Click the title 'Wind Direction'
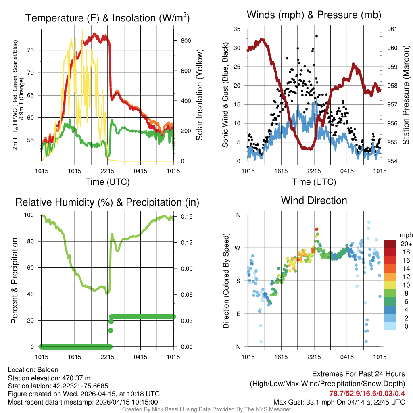click(x=314, y=200)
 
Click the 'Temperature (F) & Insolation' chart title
click(x=107, y=18)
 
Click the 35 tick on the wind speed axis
click(x=238, y=29)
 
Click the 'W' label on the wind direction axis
click(x=238, y=248)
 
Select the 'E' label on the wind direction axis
click(x=238, y=314)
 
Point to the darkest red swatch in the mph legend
click(x=390, y=244)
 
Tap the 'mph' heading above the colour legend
click(x=405, y=235)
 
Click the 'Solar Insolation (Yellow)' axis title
click(x=199, y=95)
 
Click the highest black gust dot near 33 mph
click(x=317, y=36)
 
